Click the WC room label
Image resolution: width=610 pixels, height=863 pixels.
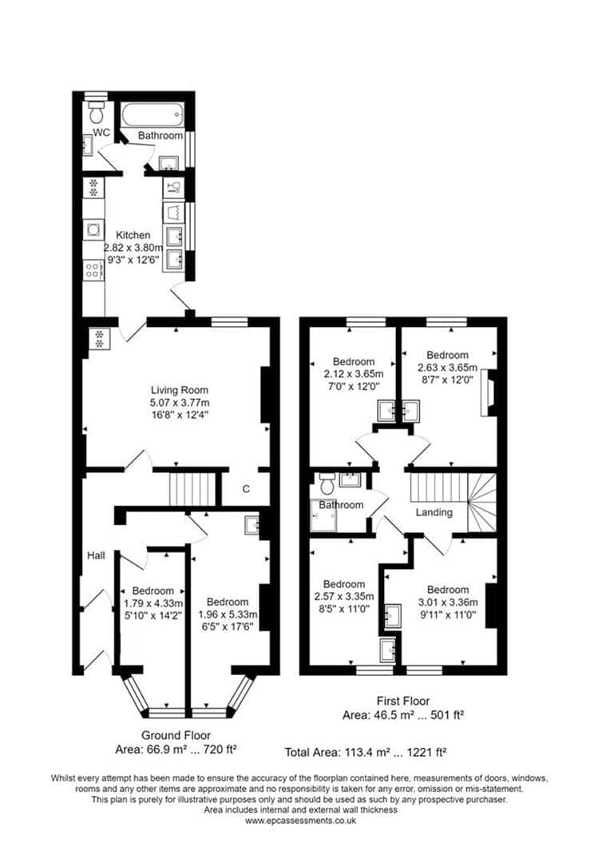(101, 133)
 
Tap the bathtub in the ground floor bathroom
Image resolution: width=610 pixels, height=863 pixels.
(152, 114)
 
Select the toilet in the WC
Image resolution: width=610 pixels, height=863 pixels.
(97, 112)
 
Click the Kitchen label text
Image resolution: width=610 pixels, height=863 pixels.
(133, 235)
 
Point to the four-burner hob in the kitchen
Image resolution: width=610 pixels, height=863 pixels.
(93, 270)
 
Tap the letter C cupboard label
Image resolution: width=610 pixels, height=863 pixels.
(246, 489)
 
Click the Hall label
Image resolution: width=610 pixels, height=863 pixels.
(97, 555)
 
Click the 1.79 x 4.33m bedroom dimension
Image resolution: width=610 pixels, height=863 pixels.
(153, 603)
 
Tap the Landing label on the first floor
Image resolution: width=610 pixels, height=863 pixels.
(434, 512)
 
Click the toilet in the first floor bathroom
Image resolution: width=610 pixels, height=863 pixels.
(327, 484)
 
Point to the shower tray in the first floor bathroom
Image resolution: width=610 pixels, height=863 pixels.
(323, 515)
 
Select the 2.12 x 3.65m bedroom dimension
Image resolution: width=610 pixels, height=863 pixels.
(354, 374)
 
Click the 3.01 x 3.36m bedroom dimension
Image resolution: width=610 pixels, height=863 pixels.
(448, 603)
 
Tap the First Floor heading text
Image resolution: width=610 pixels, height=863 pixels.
(403, 702)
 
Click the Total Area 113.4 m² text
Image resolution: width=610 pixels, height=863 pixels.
(365, 752)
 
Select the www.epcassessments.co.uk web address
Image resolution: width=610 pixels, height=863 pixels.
(300, 820)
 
